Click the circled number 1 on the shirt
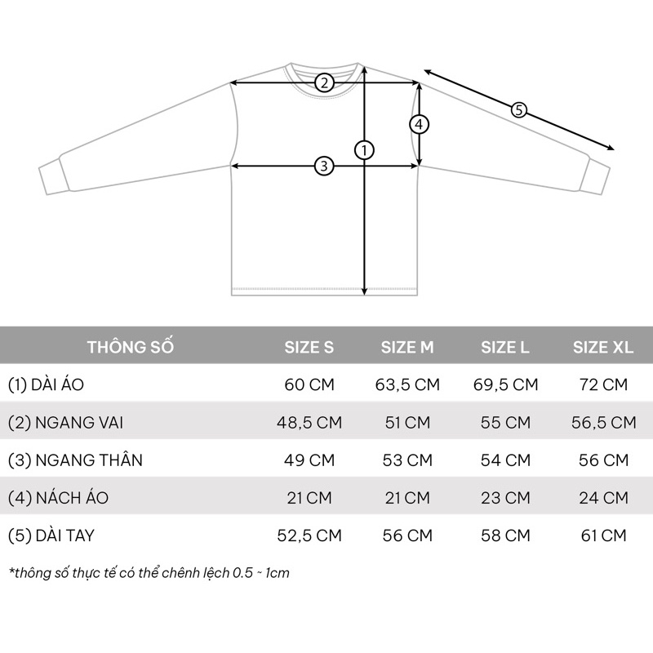[x=364, y=150]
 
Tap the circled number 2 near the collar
[x=324, y=82]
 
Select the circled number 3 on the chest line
[x=324, y=166]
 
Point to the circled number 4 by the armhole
[x=419, y=124]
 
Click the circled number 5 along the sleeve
[x=519, y=110]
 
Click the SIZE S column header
[x=309, y=348]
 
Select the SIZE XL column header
[x=603, y=348]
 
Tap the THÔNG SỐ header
[x=131, y=346]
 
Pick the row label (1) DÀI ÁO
[x=46, y=384]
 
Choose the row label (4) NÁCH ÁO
[x=58, y=497]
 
